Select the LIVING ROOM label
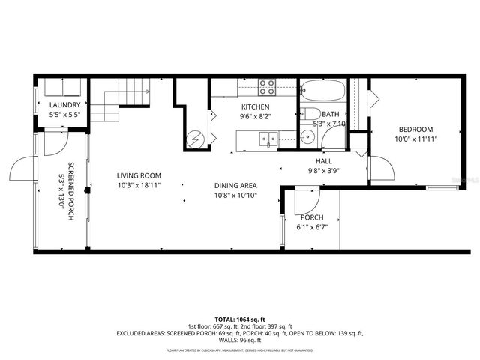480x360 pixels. click(x=139, y=176)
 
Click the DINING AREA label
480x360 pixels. click(x=236, y=185)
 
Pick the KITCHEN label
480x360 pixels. click(x=256, y=107)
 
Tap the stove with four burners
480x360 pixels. click(x=267, y=87)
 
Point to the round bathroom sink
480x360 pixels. click(x=307, y=137)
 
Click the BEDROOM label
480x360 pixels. click(x=415, y=129)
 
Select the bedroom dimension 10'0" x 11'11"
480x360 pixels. click(x=415, y=139)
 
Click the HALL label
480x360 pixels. click(x=323, y=161)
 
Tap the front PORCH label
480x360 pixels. click(x=311, y=217)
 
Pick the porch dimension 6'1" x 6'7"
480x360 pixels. click(x=311, y=226)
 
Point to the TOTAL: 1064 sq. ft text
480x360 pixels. click(x=240, y=319)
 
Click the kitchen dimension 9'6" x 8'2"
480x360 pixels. click(x=256, y=116)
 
